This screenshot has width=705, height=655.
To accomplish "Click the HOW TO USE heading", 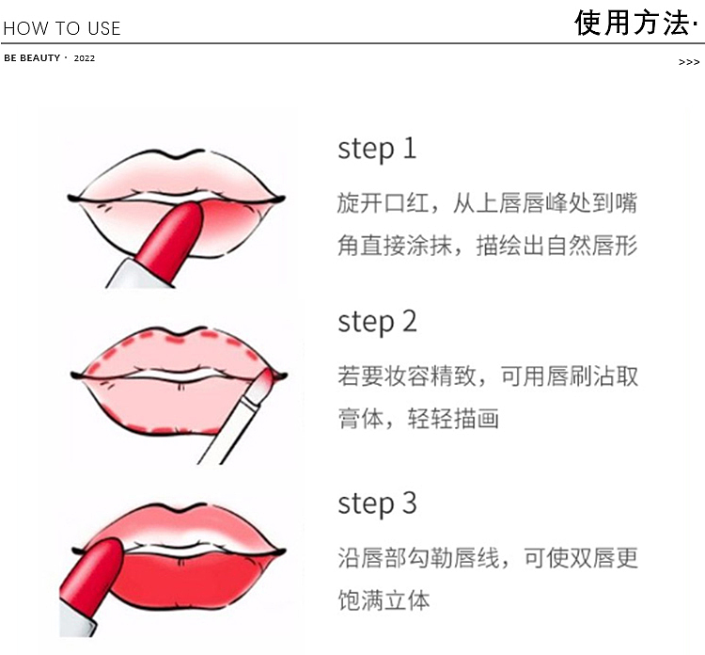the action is click(x=62, y=28).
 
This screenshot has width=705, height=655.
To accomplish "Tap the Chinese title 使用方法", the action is click(x=632, y=23).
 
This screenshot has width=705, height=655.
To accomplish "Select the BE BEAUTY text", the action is click(x=32, y=58).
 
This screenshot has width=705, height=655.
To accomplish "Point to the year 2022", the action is click(x=85, y=58).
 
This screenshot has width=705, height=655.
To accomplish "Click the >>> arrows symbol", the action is click(x=689, y=62).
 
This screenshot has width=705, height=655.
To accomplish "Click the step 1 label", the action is click(x=377, y=149).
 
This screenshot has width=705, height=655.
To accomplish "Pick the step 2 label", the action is click(x=377, y=322).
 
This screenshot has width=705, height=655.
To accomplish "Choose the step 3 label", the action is click(x=377, y=503).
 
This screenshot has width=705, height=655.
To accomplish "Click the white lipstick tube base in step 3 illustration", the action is click(x=76, y=620).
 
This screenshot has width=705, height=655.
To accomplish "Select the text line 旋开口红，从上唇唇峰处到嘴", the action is click(x=487, y=202).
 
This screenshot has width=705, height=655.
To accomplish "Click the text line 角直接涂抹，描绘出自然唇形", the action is click(x=487, y=246).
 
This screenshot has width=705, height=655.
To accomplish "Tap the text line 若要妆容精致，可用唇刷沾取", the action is click(x=488, y=376).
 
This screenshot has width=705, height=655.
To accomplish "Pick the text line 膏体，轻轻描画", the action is click(x=418, y=419).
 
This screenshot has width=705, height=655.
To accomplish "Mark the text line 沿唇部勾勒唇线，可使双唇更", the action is click(x=488, y=558).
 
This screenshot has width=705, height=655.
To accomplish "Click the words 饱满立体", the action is click(x=384, y=600).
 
